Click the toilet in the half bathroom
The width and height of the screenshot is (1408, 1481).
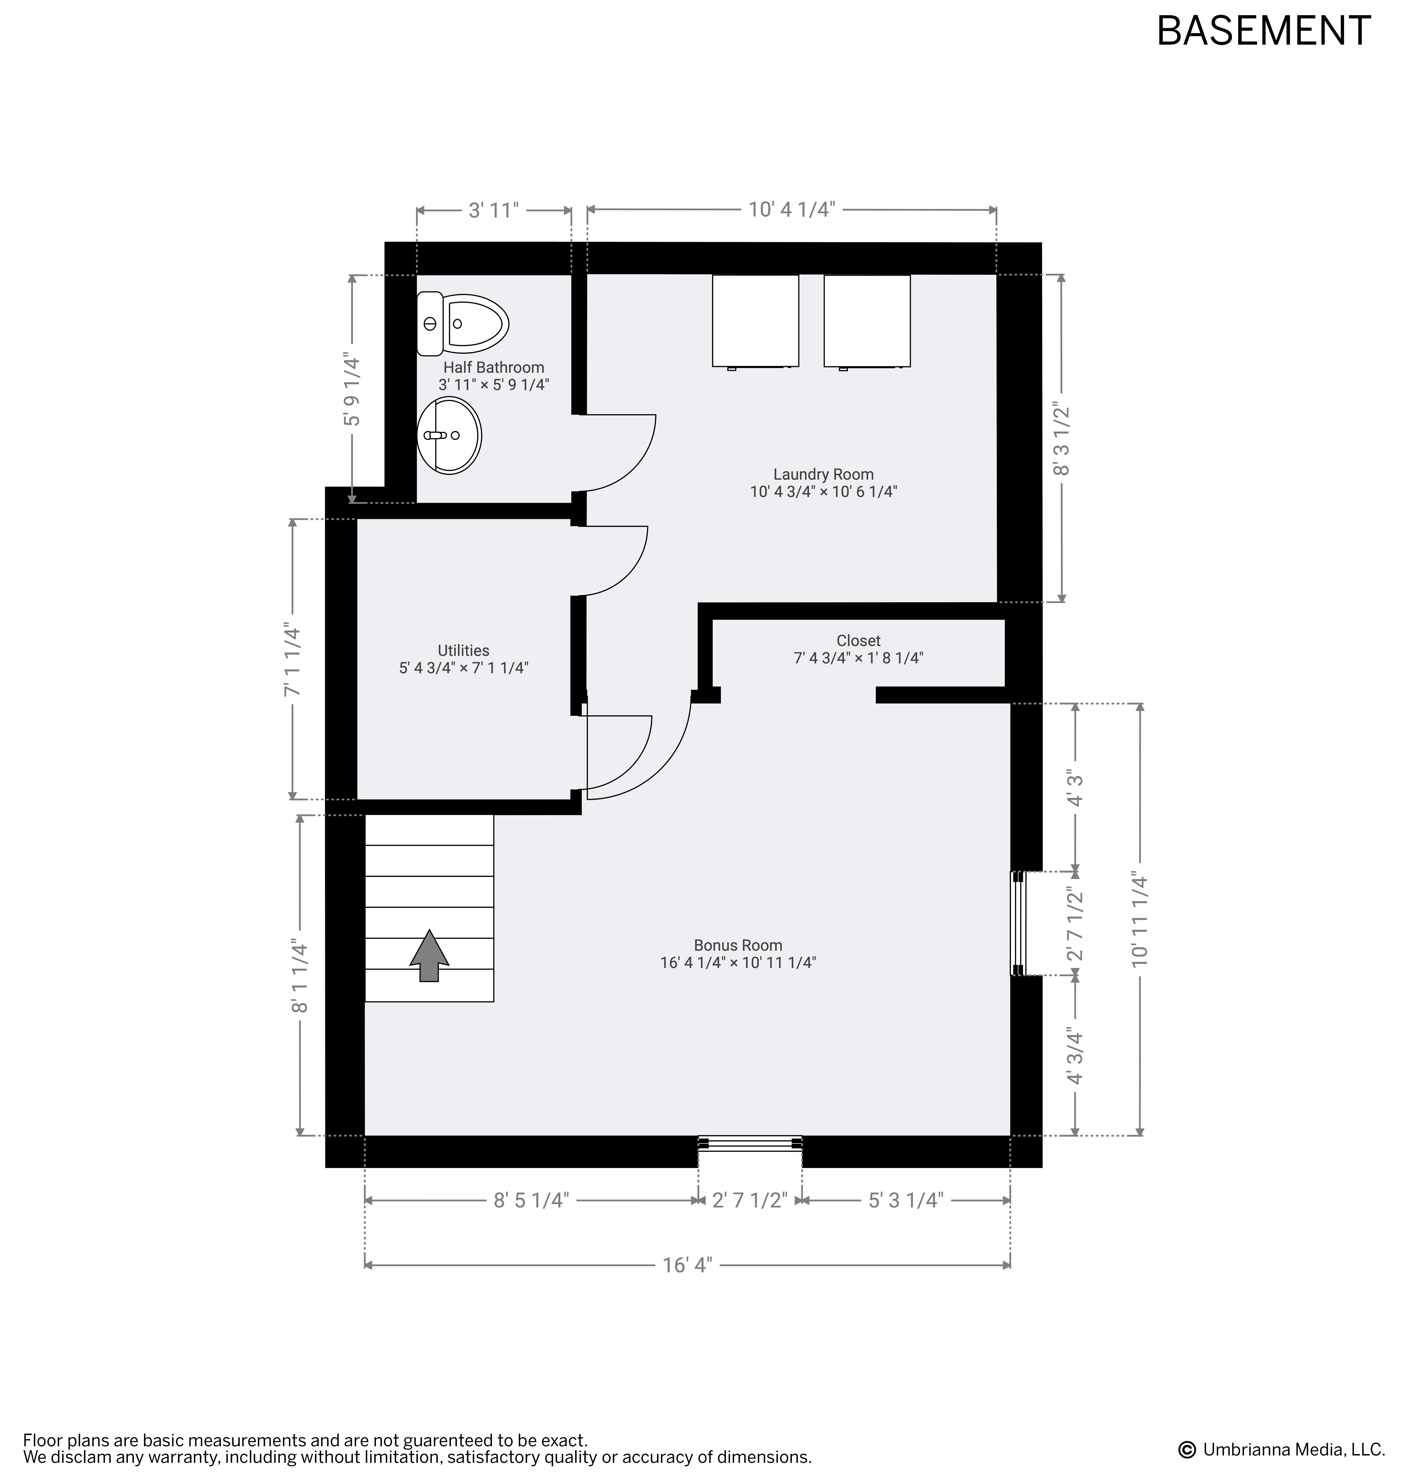pos(462,324)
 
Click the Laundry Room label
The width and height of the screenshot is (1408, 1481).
pos(823,474)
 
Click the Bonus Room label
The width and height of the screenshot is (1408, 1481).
pos(738,945)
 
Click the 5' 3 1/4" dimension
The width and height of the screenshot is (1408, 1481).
pos(905,1200)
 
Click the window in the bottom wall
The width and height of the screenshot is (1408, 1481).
pos(750,1143)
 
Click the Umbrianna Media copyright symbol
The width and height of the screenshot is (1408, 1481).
pos(1187,1449)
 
